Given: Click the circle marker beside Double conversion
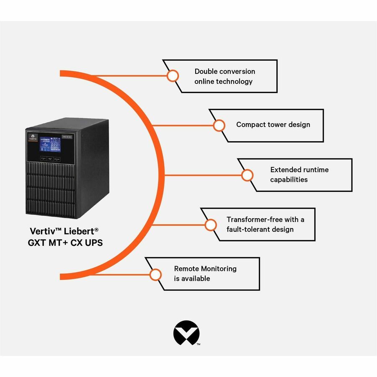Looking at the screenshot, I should point(173,76).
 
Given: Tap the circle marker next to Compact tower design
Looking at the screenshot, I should point(219,125).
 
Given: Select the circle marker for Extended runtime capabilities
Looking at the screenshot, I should point(247,175).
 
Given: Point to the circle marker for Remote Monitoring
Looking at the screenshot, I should point(155,275).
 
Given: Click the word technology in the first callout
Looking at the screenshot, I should point(234,81).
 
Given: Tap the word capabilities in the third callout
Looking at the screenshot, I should point(289,180).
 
